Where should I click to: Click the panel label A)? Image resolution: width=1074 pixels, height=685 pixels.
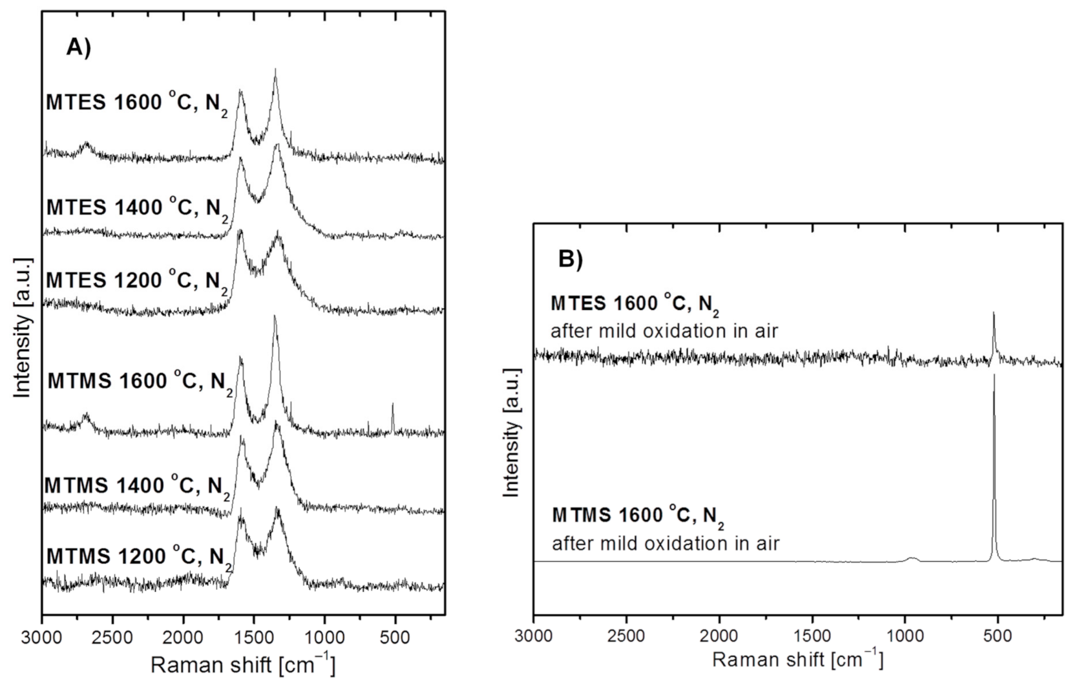[x=79, y=48]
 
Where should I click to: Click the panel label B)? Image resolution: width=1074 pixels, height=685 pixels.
[x=570, y=259]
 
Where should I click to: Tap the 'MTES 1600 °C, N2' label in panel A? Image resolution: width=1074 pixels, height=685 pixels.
[x=136, y=103]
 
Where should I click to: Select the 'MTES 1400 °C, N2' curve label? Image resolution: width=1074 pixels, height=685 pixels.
[x=136, y=208]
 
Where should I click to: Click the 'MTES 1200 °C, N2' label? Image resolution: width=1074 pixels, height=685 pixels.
[x=136, y=281]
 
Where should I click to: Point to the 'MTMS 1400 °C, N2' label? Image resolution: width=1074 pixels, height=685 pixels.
[x=136, y=486]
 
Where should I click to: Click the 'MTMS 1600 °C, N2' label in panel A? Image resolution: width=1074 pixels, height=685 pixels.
[x=138, y=382]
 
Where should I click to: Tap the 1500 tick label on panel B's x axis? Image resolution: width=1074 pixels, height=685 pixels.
[x=812, y=636]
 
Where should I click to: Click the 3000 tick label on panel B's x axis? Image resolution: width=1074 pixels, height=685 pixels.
[x=534, y=636]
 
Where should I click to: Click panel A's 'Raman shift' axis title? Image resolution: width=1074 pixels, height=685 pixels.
[x=243, y=664]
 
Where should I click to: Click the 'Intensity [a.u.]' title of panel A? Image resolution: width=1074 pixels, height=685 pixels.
[x=23, y=327]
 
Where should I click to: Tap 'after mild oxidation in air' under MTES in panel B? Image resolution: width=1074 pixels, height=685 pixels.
[x=664, y=332]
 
